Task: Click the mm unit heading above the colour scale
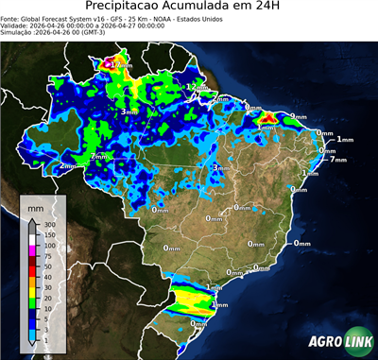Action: pos(35,206)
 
